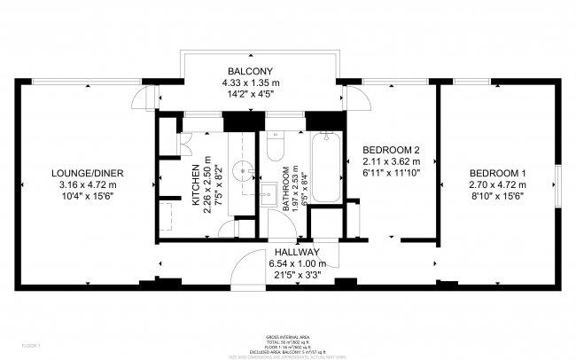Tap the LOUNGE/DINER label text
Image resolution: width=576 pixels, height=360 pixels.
[x=87, y=173]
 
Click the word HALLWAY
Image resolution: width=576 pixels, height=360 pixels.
[x=296, y=252]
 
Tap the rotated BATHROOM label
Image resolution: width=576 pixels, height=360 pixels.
[x=285, y=188]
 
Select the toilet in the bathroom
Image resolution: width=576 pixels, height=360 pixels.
[x=274, y=144]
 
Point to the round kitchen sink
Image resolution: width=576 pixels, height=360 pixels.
[x=242, y=168]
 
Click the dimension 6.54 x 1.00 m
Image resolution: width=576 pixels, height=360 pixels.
[x=296, y=263]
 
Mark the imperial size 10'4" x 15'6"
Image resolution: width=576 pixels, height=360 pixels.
[x=87, y=196]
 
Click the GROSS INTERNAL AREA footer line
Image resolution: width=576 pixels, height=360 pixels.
[x=288, y=338]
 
